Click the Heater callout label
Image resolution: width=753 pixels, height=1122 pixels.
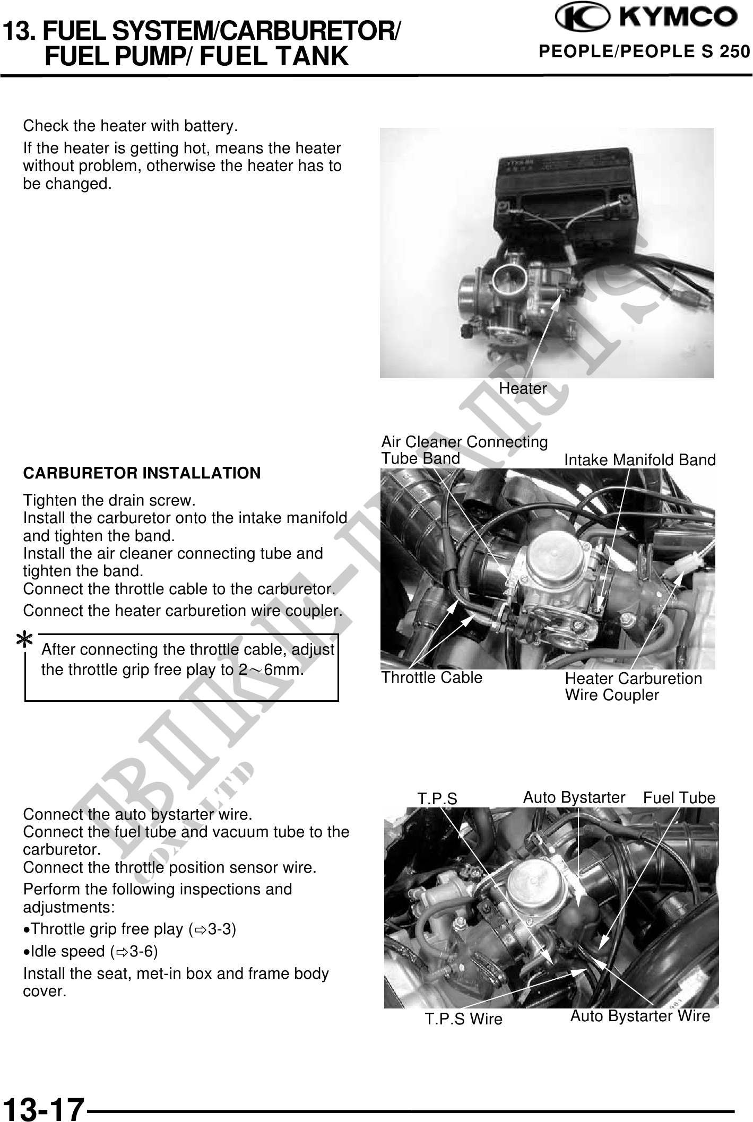[x=523, y=389]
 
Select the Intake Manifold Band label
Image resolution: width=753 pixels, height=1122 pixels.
[x=640, y=460]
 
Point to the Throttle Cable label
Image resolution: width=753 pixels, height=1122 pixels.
[x=432, y=677]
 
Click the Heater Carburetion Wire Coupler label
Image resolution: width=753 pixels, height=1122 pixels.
[x=634, y=686]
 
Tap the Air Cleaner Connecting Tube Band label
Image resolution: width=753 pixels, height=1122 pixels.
[x=464, y=450]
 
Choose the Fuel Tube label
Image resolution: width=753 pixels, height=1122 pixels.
[x=679, y=798]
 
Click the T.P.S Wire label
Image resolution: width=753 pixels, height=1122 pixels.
[x=463, y=1019]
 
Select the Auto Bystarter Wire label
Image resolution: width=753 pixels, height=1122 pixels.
[x=640, y=1016]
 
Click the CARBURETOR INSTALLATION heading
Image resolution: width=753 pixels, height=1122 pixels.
[x=142, y=473]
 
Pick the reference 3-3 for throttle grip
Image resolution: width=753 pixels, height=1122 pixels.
[x=222, y=929]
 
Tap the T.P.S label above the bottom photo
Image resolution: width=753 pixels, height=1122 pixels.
[x=437, y=799]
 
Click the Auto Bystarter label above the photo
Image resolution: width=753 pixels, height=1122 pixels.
[x=574, y=797]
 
